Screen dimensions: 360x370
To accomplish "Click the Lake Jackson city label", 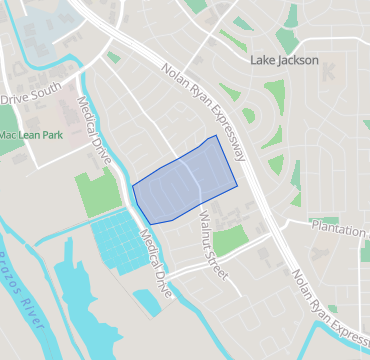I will pyautogui.click(x=284, y=60).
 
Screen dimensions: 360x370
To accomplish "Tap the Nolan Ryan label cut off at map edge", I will pyautogui.click(x=331, y=311).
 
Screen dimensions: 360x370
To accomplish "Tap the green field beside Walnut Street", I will pyautogui.click(x=231, y=239).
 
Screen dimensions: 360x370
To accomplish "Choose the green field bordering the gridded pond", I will pyautogui.click(x=97, y=192).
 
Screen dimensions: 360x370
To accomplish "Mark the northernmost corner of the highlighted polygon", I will pyautogui.click(x=215, y=136).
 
